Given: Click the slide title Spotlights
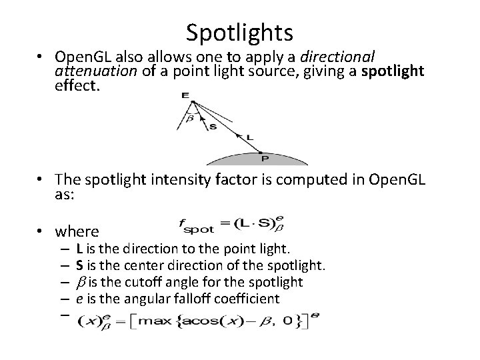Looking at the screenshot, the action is [239, 31].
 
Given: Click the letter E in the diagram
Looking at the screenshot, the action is [185, 95].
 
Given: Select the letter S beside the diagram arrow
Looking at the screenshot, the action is [213, 127].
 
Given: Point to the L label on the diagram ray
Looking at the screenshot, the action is [249, 137].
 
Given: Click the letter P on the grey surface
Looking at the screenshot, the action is [265, 159].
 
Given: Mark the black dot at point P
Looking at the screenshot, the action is [261, 152].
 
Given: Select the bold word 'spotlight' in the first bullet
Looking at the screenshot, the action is [393, 71].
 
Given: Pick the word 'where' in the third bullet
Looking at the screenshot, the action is [77, 231].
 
